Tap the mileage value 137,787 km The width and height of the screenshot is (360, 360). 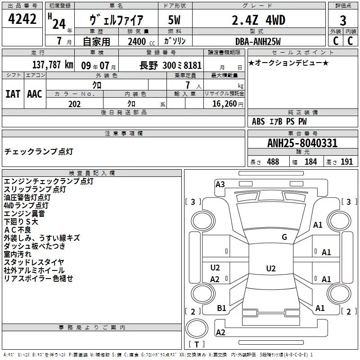[53, 64]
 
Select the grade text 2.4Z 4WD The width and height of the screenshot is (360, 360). [258, 20]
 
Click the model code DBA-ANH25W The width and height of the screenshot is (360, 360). [258, 41]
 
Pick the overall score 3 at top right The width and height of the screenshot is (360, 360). [343, 21]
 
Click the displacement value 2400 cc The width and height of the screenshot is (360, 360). [138, 42]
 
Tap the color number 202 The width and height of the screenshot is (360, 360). [74, 104]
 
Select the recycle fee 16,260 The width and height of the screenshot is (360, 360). [223, 104]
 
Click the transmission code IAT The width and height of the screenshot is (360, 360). [12, 94]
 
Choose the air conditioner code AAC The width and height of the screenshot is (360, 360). [34, 94]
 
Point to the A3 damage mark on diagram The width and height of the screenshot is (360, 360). [220, 184]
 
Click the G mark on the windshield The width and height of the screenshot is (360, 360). [284, 237]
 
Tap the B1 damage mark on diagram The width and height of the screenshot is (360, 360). [221, 308]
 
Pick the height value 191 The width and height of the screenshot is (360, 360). [346, 162]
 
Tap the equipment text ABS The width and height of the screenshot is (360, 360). [258, 121]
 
